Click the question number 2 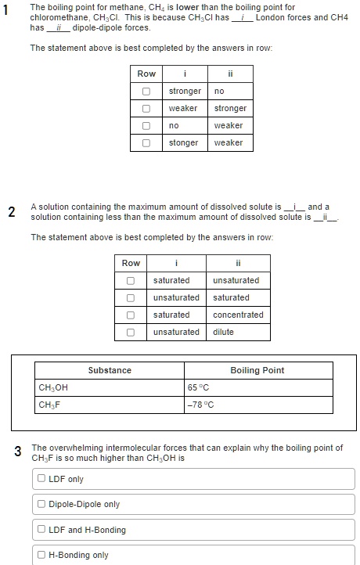[x=11, y=211]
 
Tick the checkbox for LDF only [x=41, y=479]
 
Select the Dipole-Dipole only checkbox [x=41, y=504]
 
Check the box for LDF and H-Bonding [x=41, y=530]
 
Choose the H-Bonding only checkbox [x=41, y=555]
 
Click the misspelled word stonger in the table [x=184, y=142]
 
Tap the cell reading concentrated [x=238, y=315]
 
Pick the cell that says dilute [x=223, y=332]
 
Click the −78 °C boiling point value [x=201, y=405]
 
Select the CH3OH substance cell [x=53, y=387]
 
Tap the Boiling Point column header [x=257, y=370]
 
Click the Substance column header [x=110, y=370]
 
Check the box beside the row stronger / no [x=146, y=91]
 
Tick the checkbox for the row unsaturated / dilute [x=130, y=332]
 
